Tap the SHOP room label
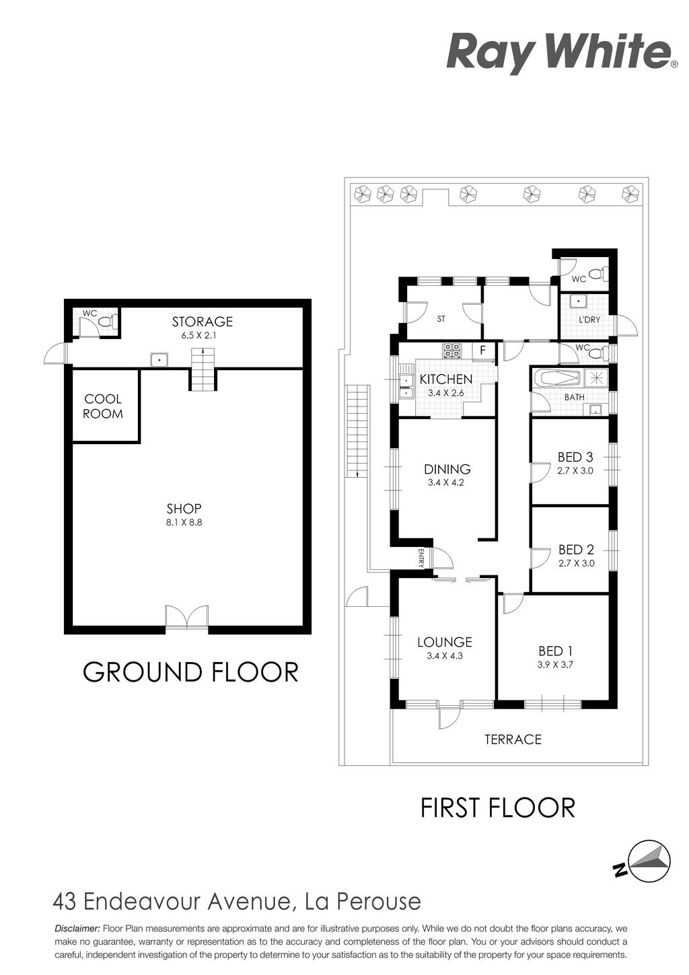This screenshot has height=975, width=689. tap(184, 509)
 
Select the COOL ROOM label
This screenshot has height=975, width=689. tap(103, 406)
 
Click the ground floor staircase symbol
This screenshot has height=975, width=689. tap(203, 369)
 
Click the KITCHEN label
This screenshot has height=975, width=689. tap(445, 379)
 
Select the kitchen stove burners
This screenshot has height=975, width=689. tap(451, 351)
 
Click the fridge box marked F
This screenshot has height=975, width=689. tap(482, 351)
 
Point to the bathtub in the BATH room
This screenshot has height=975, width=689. tap(558, 378)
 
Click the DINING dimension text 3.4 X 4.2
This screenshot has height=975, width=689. tap(446, 482)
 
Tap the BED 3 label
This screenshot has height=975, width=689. tap(575, 457)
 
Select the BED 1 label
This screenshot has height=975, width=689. tap(556, 651)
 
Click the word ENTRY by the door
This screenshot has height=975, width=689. tap(421, 558)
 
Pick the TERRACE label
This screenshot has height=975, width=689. tap(513, 739)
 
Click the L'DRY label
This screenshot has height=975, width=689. tap(589, 320)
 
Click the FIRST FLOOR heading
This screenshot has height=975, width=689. tap(498, 808)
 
